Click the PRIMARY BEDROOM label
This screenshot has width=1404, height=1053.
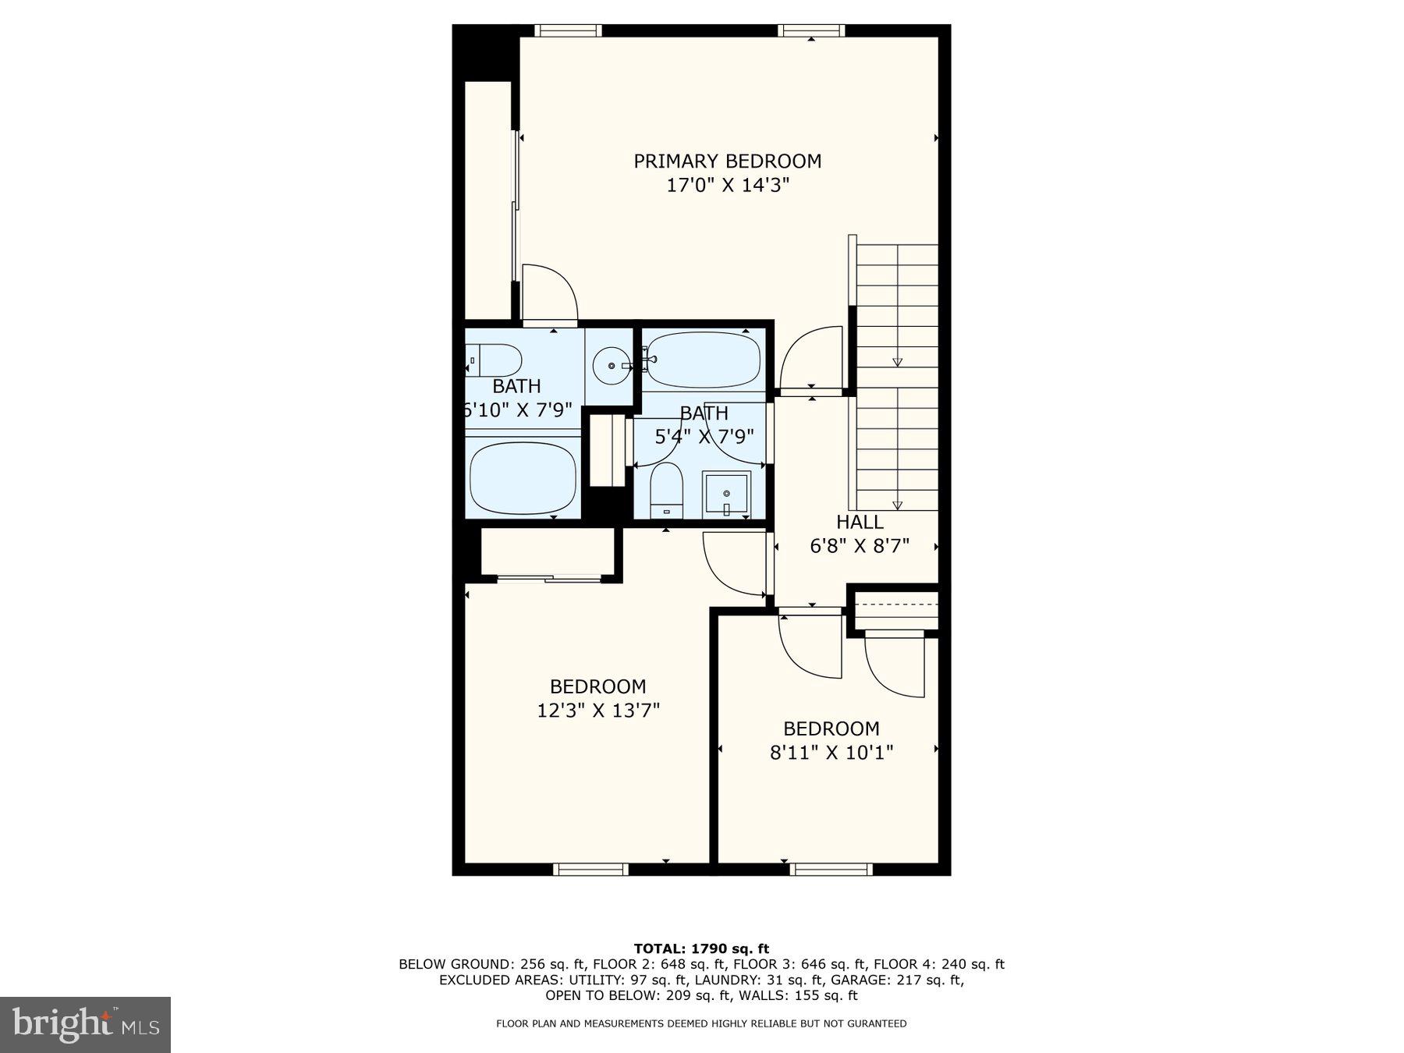(x=727, y=161)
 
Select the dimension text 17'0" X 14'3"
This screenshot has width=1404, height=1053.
(x=727, y=186)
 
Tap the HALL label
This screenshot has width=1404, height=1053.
(x=860, y=522)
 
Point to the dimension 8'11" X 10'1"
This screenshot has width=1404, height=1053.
(x=831, y=753)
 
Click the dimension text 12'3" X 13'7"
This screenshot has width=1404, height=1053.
(x=598, y=711)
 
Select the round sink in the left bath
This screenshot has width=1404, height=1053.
(x=611, y=365)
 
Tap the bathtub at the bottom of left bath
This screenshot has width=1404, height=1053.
(x=523, y=477)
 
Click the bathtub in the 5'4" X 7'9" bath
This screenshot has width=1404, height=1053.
(x=702, y=360)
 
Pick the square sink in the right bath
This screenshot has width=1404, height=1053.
(x=726, y=494)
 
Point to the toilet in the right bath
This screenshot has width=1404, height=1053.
(x=666, y=490)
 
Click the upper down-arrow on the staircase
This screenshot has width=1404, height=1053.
(x=897, y=361)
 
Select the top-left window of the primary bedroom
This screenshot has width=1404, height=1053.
(x=568, y=30)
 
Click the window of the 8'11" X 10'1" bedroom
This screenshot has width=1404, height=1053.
(x=831, y=869)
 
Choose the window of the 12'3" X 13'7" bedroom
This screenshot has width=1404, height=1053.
(x=591, y=869)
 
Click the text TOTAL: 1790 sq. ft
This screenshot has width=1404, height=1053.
(x=701, y=948)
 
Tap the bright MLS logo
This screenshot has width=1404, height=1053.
(x=85, y=1024)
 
